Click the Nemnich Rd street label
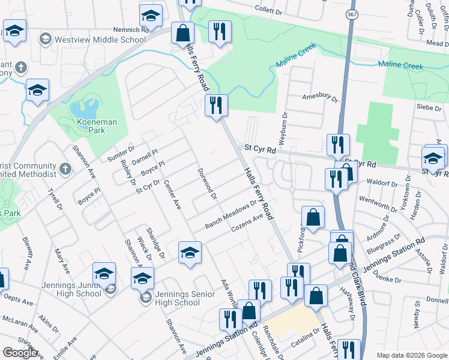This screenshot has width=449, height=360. (130, 29)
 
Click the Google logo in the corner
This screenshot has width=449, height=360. (20, 353)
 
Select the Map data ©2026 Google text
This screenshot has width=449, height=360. (412, 355)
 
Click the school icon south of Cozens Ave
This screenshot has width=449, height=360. (190, 252)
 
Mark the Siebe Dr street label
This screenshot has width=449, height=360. (428, 107)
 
